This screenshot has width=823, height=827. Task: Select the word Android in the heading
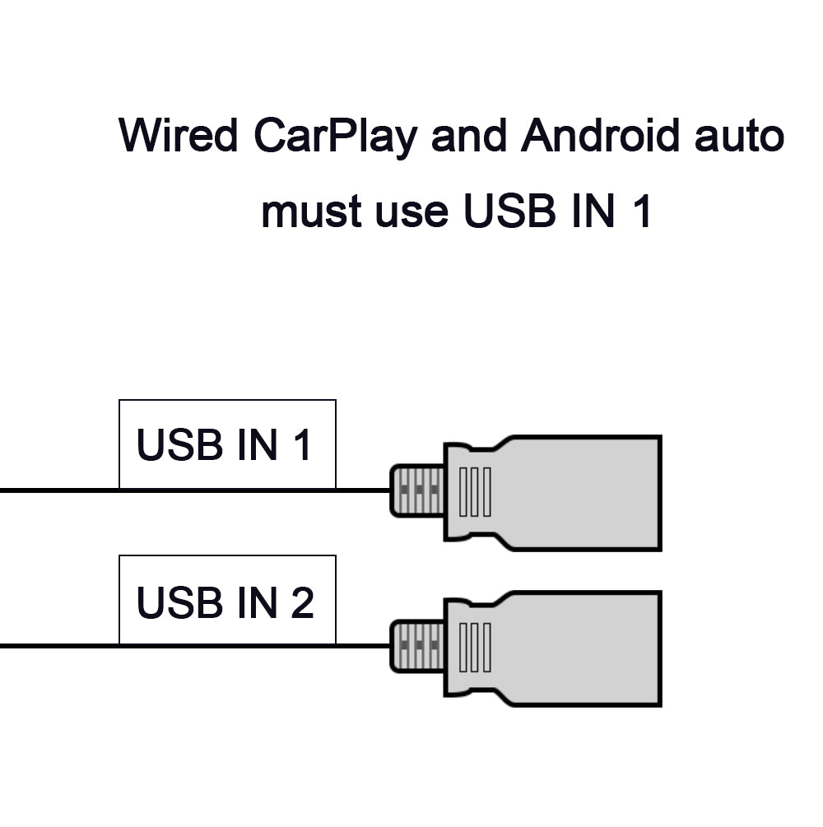coord(600,137)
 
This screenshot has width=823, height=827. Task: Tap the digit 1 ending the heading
coord(641,211)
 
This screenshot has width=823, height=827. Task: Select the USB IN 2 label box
coord(227,600)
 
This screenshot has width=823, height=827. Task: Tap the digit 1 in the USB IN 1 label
coord(302,445)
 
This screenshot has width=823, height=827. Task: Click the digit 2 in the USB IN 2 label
coord(302,602)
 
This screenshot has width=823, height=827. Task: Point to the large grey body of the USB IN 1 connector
coord(576,492)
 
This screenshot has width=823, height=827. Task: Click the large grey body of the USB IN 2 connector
coord(576,648)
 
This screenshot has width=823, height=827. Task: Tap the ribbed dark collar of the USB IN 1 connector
coord(417,491)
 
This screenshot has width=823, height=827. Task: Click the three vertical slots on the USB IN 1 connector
coord(474,491)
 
